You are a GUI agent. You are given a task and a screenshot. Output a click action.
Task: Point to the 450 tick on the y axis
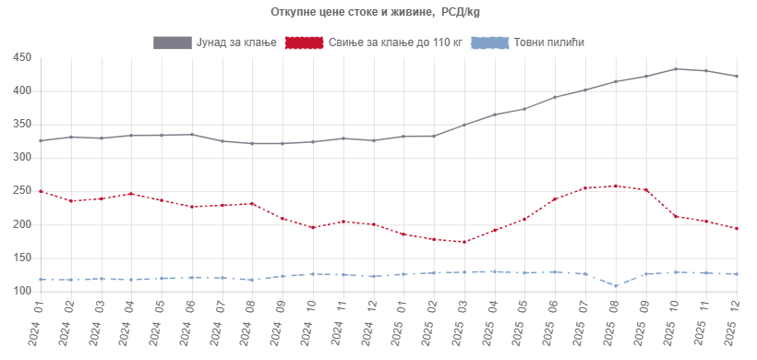(22, 58)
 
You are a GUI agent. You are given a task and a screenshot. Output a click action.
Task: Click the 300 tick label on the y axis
(22, 158)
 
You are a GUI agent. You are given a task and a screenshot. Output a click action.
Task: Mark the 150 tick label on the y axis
(22, 258)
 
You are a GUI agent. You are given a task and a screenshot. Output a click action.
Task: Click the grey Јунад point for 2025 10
(676, 69)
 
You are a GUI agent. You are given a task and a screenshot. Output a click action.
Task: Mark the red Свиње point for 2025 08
(615, 186)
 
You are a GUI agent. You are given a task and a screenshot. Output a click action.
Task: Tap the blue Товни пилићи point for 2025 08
(615, 285)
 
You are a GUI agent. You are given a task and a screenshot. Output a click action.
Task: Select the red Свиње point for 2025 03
(463, 242)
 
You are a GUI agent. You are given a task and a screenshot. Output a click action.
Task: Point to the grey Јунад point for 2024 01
(41, 140)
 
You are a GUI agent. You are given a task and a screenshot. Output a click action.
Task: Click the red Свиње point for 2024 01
(41, 191)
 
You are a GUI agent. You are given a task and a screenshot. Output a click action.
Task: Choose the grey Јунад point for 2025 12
(736, 76)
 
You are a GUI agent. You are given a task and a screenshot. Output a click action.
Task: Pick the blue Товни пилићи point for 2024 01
(41, 279)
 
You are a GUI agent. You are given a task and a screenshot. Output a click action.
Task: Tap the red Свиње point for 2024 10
(313, 227)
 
